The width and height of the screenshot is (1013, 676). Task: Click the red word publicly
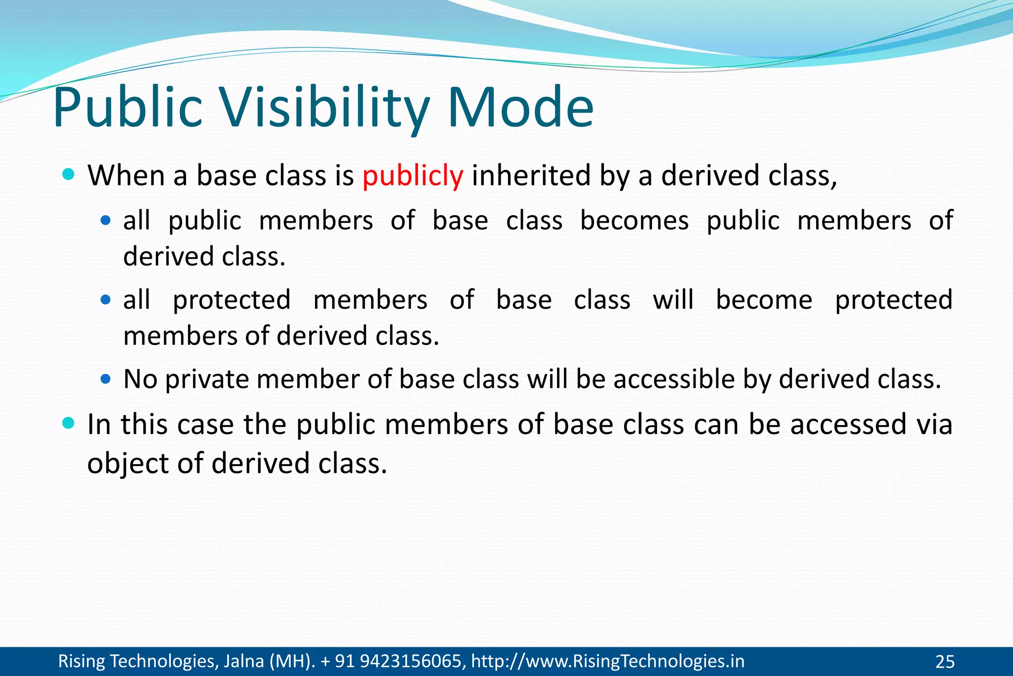413,176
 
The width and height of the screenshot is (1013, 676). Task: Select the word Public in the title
128,108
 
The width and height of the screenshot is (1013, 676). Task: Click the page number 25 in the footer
945,661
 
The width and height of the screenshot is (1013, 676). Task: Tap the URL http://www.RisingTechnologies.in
607,661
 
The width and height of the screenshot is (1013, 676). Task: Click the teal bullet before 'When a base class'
69,174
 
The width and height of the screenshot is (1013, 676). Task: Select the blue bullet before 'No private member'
105,379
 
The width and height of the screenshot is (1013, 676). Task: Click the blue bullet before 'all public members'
105,220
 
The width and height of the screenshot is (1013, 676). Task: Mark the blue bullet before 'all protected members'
105,299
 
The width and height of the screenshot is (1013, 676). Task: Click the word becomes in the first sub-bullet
634,221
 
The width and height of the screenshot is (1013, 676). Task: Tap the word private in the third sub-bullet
207,380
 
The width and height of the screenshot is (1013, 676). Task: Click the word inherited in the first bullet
531,176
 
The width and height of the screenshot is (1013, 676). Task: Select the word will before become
673,300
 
